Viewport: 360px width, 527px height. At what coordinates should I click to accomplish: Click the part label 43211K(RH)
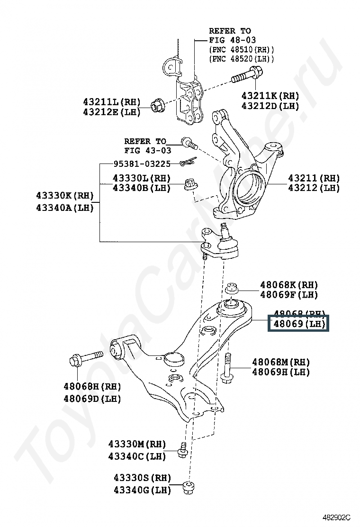tap(270, 95)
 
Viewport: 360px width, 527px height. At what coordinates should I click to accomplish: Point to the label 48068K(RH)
tap(288, 285)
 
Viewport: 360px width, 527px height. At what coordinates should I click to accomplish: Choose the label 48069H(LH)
tap(281, 372)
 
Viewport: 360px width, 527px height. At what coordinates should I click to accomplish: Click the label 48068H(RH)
tap(92, 387)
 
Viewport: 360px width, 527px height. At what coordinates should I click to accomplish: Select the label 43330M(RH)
tap(137, 444)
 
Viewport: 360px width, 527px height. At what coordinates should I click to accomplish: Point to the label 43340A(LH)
tap(65, 207)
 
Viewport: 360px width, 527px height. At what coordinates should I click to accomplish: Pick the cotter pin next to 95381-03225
tap(188, 163)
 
